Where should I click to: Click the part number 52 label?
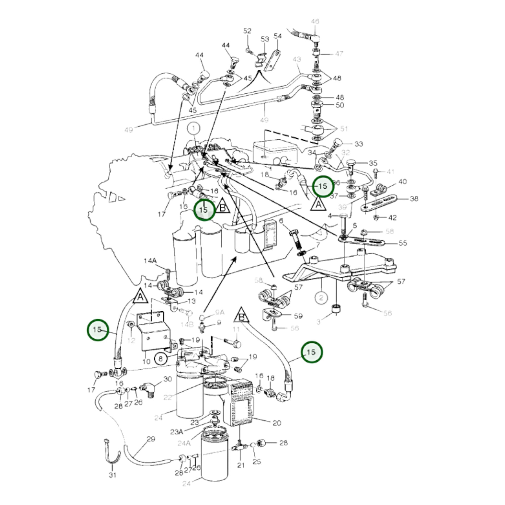pos(247,31)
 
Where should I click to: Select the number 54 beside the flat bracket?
pos(278,36)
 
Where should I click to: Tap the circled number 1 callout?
pos(194,128)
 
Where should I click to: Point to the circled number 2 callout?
pos(321,297)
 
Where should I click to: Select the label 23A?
pos(177,432)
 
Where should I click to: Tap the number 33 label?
pos(359,144)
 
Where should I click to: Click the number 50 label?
pos(339,105)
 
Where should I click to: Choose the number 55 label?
pos(402,243)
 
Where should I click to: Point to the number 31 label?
pos(112,475)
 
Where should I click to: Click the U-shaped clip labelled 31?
pos(112,454)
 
